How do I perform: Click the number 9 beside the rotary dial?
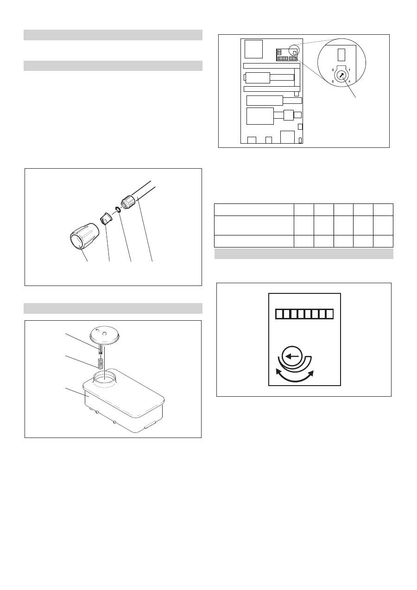[x=333, y=70]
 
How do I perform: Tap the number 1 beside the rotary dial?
[x=349, y=70]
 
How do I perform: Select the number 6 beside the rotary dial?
[x=333, y=82]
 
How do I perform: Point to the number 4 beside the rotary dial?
[x=349, y=82]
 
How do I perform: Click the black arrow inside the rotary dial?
[x=341, y=76]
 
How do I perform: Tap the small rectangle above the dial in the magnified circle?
[x=341, y=55]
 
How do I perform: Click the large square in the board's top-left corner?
[x=253, y=49]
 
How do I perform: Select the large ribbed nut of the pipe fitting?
[x=84, y=236]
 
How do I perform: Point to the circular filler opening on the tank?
[x=105, y=379]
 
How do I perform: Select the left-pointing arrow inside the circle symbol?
[x=292, y=356]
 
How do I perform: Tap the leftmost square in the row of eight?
[x=279, y=314]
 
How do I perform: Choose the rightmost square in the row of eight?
[x=330, y=314]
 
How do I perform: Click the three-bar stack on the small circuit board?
[x=279, y=52]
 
